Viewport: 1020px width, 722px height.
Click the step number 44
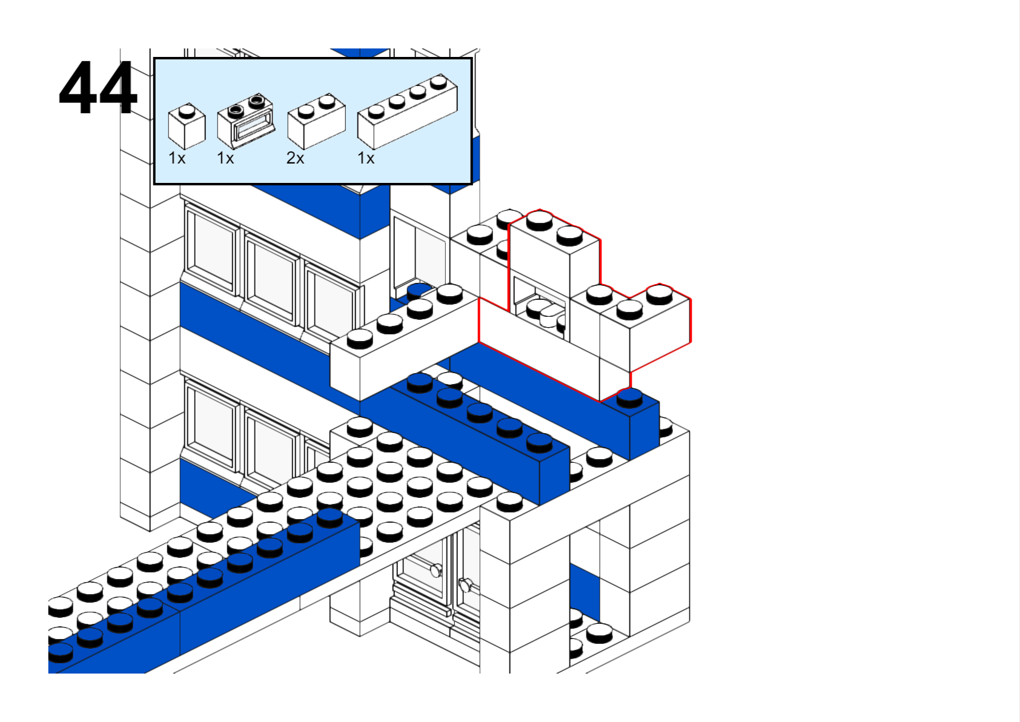[x=98, y=88]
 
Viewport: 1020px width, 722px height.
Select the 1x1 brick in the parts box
[x=187, y=127]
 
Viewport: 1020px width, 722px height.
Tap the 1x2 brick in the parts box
[x=316, y=122]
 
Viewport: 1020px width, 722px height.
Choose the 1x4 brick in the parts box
[x=407, y=111]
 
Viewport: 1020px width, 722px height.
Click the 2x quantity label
[x=295, y=159]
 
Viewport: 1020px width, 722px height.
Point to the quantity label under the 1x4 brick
[x=366, y=159]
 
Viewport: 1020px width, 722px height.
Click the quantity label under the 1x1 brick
[x=177, y=159]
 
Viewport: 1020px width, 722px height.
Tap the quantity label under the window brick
[x=225, y=159]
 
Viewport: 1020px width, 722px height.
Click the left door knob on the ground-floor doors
[x=435, y=569]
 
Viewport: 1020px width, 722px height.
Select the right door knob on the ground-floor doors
[x=465, y=585]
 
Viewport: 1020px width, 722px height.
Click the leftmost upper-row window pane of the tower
[x=210, y=248]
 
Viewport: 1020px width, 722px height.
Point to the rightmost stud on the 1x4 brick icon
[x=439, y=82]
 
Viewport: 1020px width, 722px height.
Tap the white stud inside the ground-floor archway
[x=599, y=632]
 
